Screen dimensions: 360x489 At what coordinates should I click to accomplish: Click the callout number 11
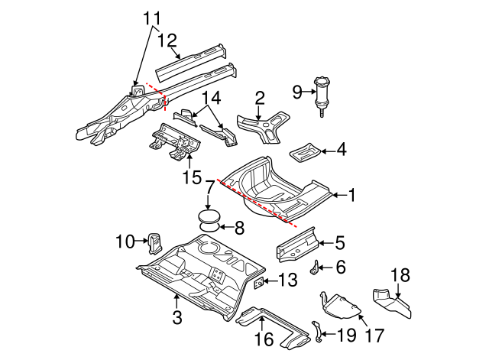(152, 17)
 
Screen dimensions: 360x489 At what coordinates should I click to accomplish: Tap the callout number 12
(167, 40)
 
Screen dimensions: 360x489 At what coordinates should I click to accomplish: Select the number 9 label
(298, 93)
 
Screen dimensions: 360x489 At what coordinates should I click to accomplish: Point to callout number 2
(260, 97)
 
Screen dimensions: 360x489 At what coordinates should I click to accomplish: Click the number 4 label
(341, 151)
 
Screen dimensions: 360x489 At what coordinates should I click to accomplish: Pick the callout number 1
(352, 196)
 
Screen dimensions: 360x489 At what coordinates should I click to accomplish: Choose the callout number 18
(400, 275)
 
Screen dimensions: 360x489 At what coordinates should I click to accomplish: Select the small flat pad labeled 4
(305, 151)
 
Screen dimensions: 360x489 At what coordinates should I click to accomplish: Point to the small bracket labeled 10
(154, 243)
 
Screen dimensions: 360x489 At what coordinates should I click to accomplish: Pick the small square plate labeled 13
(259, 284)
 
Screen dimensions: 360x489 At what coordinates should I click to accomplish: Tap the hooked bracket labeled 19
(319, 329)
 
